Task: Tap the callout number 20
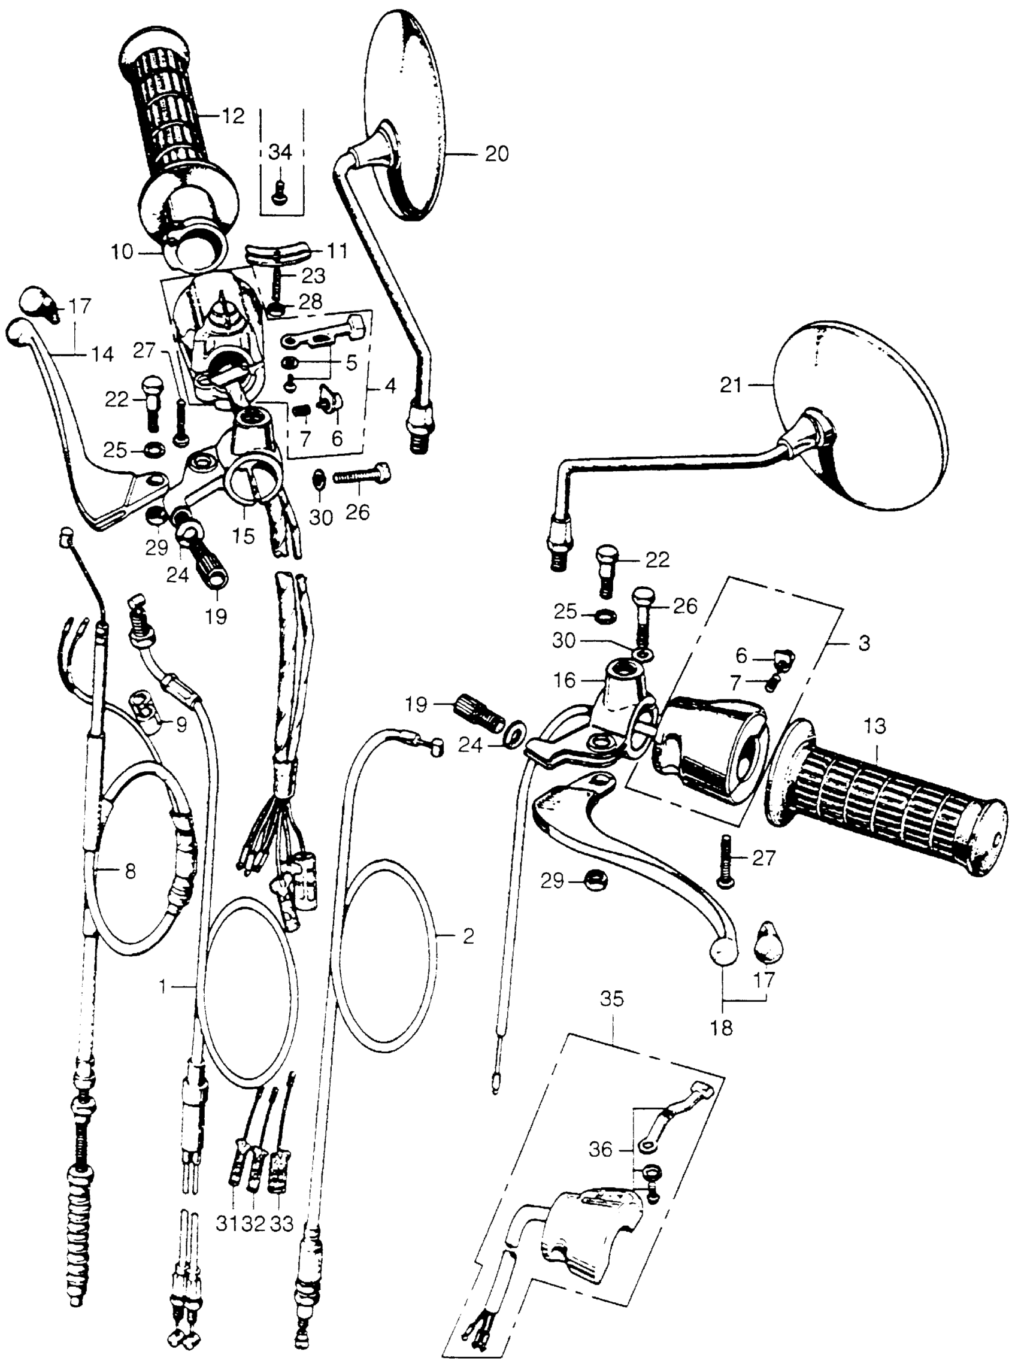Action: click(496, 153)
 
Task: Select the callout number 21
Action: click(732, 386)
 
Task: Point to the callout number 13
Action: click(874, 727)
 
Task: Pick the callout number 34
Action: click(281, 153)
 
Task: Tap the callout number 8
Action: click(130, 872)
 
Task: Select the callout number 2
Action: click(468, 937)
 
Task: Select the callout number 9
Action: click(181, 725)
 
